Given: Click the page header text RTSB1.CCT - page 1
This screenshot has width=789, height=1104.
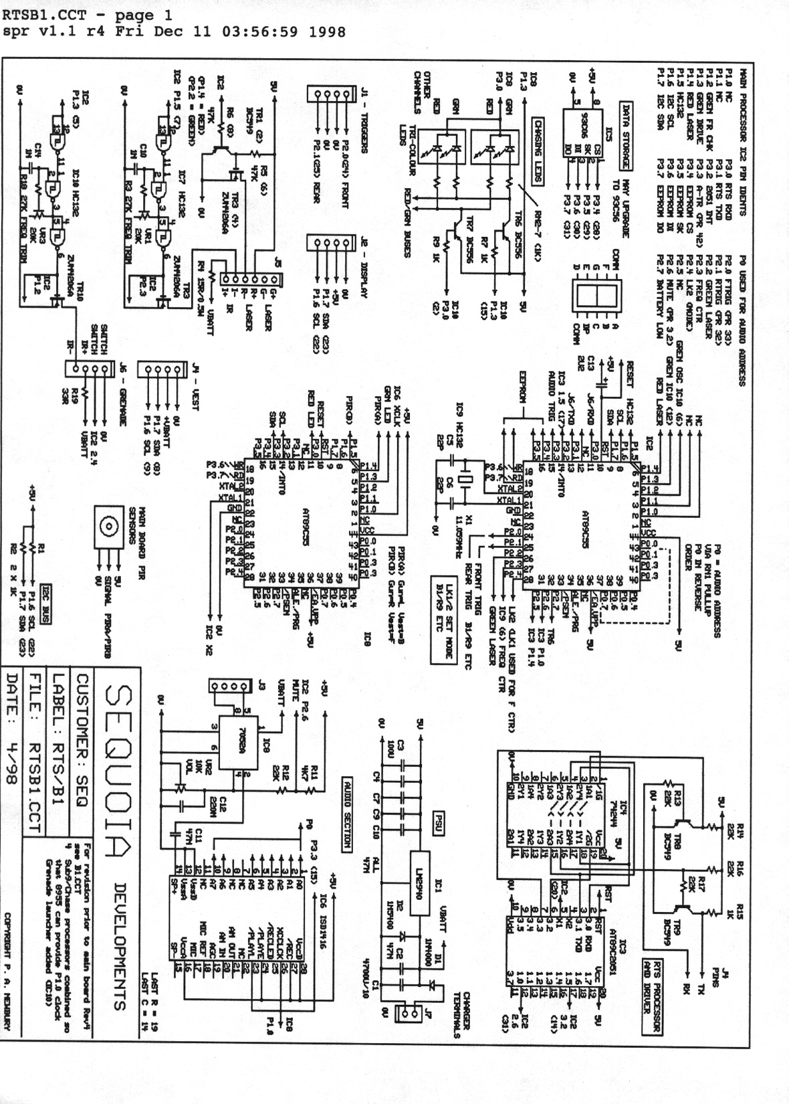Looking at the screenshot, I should click(x=87, y=15).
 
